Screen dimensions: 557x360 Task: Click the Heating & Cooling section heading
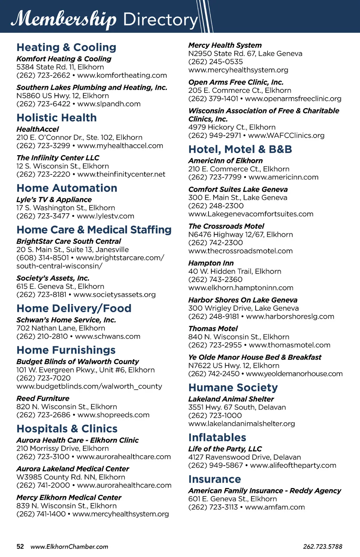pos(66,47)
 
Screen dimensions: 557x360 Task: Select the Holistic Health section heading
pos(56,118)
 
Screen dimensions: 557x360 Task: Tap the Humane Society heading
pos(233,387)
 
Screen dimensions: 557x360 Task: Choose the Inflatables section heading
pos(217,437)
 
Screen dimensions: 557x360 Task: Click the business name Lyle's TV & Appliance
pos(54,200)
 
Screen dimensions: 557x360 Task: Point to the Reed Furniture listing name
pos(43,398)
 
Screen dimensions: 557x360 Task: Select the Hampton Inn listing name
pos(211,263)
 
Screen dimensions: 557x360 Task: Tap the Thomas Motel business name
pos(213,328)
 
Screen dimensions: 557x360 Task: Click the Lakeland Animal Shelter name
pos(231,399)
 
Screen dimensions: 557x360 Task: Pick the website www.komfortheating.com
pos(122,75)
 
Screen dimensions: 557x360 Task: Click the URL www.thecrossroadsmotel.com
pos(240,251)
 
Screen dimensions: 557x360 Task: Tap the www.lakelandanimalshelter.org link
pos(241,424)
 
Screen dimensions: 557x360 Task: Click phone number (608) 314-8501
pos(43,258)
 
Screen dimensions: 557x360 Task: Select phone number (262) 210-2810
pos(42,336)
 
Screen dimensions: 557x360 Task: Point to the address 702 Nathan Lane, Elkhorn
pos(60,328)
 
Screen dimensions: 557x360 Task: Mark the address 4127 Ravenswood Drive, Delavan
pos(244,457)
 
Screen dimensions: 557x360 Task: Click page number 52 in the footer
pos(20,546)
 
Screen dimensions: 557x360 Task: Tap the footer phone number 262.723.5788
pos(322,546)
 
